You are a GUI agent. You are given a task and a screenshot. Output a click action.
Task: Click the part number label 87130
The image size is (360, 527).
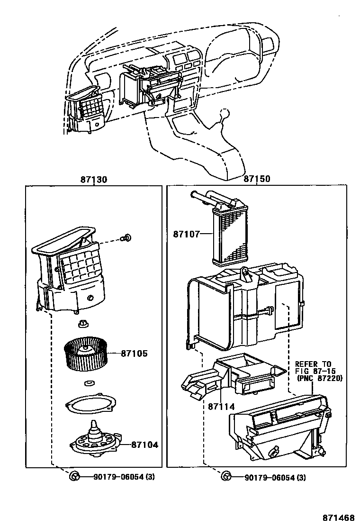click(x=93, y=180)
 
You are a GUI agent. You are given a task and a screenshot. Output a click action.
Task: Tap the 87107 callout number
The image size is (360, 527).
click(x=186, y=234)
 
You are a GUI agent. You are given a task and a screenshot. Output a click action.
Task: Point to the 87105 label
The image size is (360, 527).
click(x=134, y=354)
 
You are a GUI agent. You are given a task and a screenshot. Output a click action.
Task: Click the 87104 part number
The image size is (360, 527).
click(x=144, y=445)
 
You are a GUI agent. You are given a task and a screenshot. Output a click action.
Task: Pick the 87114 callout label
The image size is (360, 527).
click(x=221, y=406)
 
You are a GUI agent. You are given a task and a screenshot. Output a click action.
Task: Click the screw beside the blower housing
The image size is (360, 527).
click(x=127, y=238)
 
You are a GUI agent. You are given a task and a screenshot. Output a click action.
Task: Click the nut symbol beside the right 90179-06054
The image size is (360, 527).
click(x=226, y=476)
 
